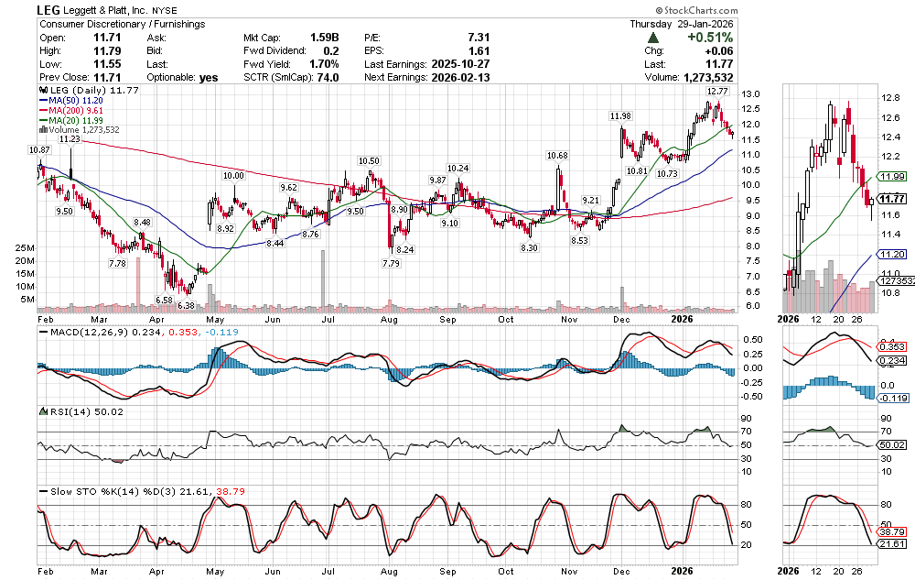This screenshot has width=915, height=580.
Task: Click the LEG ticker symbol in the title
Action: (x=49, y=10)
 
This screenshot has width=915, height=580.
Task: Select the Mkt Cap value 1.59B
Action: (x=324, y=38)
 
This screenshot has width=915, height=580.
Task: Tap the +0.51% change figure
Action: (x=713, y=38)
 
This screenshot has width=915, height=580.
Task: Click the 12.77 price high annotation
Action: (x=716, y=93)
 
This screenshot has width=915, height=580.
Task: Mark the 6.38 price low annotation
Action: (x=187, y=305)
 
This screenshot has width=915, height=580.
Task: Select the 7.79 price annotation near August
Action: (x=391, y=264)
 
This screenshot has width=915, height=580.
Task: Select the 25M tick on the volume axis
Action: (x=25, y=248)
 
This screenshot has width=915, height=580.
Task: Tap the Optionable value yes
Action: (x=209, y=78)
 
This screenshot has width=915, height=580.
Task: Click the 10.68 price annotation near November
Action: (x=557, y=155)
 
